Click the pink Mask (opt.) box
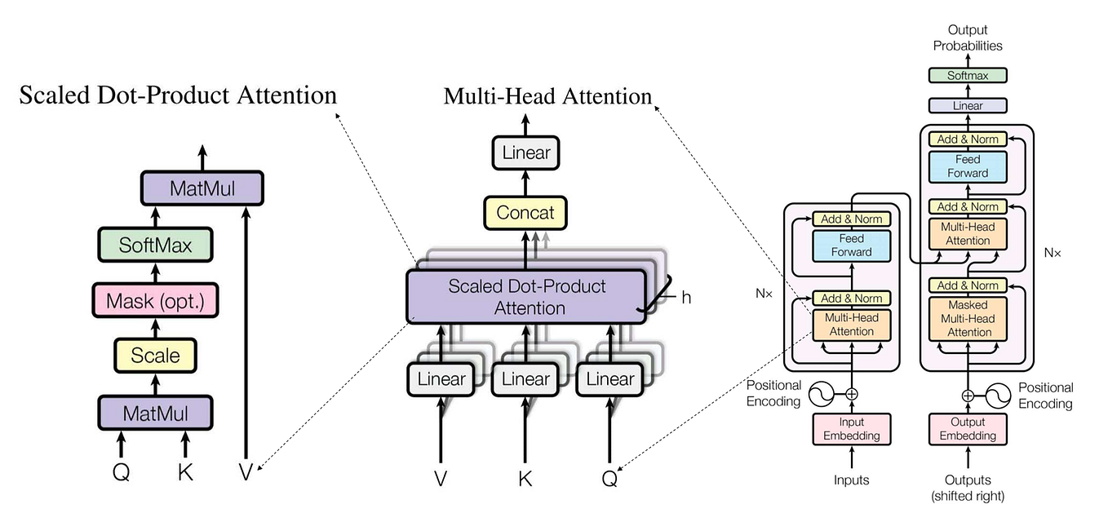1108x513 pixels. pos(155,302)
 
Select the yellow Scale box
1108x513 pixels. pos(155,356)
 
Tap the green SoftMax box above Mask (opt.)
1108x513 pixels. pos(155,244)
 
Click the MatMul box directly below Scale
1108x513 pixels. pos(155,413)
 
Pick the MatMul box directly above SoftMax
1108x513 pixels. pos(202,188)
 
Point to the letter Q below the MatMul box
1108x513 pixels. pos(121,472)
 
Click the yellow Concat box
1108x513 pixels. pos(526,213)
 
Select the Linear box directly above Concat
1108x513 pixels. pos(526,153)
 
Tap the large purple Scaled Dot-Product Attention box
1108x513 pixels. pos(527,297)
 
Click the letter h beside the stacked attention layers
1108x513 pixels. pos(686,298)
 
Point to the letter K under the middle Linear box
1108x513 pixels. pos(525,479)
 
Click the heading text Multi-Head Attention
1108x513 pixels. pos(547,96)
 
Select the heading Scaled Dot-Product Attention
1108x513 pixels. pos(178,95)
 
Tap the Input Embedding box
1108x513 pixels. pos(851,429)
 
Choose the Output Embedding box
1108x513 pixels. pos(968,429)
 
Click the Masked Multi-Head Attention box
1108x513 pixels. pos(968,318)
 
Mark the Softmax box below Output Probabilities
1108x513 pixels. pos(968,75)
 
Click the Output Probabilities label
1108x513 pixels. pos(968,38)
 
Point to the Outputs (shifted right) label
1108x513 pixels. pos(968,488)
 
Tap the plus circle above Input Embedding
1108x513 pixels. pos(851,394)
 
